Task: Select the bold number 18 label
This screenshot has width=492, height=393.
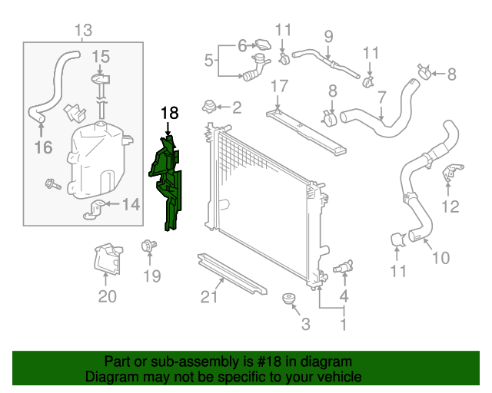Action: (x=169, y=114)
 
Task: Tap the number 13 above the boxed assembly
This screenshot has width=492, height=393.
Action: (x=83, y=31)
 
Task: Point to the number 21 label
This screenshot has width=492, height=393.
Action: (x=209, y=297)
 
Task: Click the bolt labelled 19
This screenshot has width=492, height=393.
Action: (x=145, y=246)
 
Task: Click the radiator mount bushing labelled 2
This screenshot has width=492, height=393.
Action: (x=208, y=106)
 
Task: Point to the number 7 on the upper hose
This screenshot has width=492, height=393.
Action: (x=382, y=98)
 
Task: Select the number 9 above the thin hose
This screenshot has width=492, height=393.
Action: (x=328, y=35)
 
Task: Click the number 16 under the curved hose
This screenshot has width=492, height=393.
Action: (x=43, y=147)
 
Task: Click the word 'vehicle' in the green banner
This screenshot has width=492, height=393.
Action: (x=337, y=377)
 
